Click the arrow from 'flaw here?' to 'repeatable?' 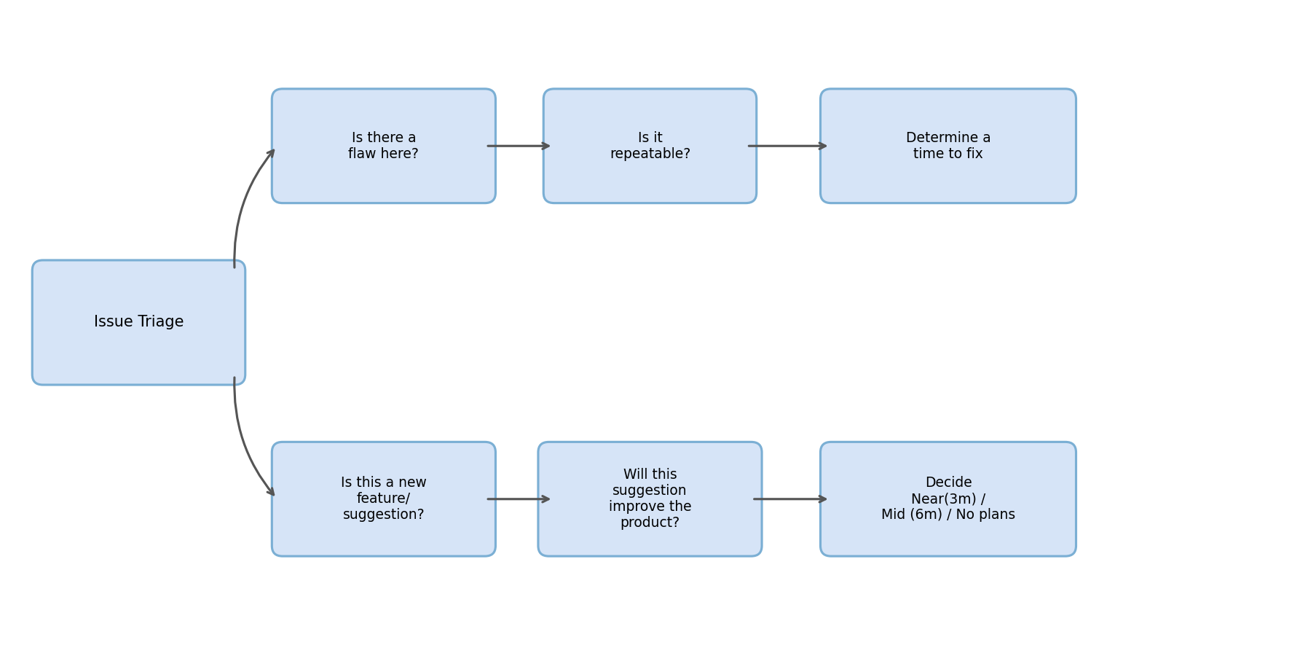(519, 146)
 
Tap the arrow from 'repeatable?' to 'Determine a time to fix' (787, 146)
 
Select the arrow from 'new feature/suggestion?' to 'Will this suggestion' (519, 499)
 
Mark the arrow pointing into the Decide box (790, 499)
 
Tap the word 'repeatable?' (650, 155)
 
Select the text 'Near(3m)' (943, 499)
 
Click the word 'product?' (650, 523)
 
